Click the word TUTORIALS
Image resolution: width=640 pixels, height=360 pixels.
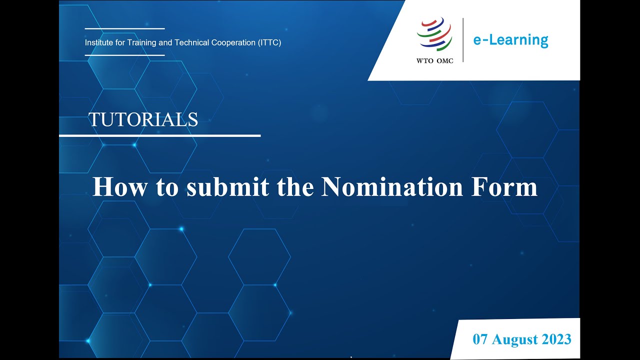pyautogui.click(x=143, y=119)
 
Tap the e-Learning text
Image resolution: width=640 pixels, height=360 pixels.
pyautogui.click(x=510, y=40)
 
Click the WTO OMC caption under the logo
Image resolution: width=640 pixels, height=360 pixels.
pyautogui.click(x=434, y=61)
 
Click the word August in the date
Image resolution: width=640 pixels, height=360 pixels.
pyautogui.click(x=515, y=339)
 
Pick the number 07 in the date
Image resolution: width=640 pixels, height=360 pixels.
pyautogui.click(x=481, y=339)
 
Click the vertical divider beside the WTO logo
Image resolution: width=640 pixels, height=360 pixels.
pyautogui.click(x=463, y=40)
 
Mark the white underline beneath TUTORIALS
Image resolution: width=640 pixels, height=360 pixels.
pyautogui.click(x=160, y=135)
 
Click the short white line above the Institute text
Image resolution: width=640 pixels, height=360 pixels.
pyautogui.click(x=124, y=28)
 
